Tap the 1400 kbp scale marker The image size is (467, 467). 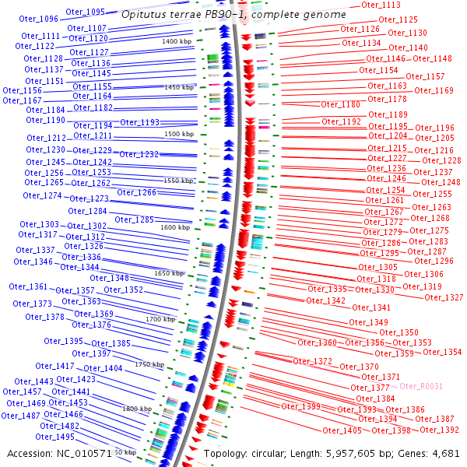click(x=177, y=40)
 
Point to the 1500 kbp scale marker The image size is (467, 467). click(x=178, y=134)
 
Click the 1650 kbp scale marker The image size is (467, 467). click(x=169, y=273)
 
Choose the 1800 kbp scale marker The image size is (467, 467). click(x=137, y=408)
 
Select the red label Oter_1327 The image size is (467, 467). click(x=444, y=297)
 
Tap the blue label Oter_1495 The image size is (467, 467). click(x=55, y=437)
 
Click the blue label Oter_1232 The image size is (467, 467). click(x=139, y=154)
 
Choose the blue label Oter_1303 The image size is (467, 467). click(x=39, y=224)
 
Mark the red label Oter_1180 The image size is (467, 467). click(x=341, y=104)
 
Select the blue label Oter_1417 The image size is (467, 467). click(x=54, y=366)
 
